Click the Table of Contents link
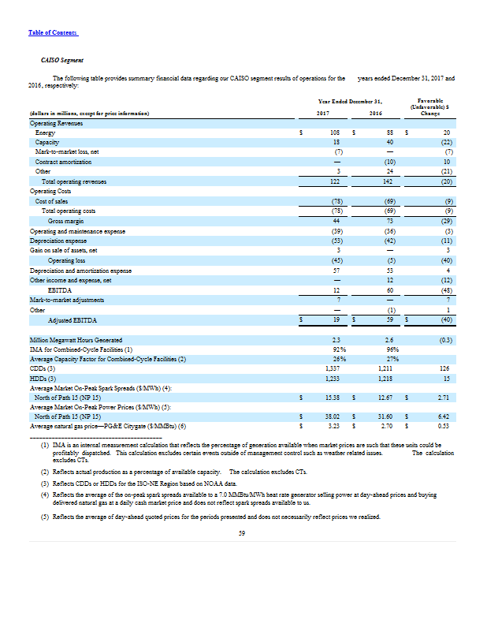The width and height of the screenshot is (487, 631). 53,32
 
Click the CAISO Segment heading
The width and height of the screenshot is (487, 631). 62,60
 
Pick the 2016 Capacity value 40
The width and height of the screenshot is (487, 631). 389,143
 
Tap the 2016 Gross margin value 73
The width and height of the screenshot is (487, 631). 389,220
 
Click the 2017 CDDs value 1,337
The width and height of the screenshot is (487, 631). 332,368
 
